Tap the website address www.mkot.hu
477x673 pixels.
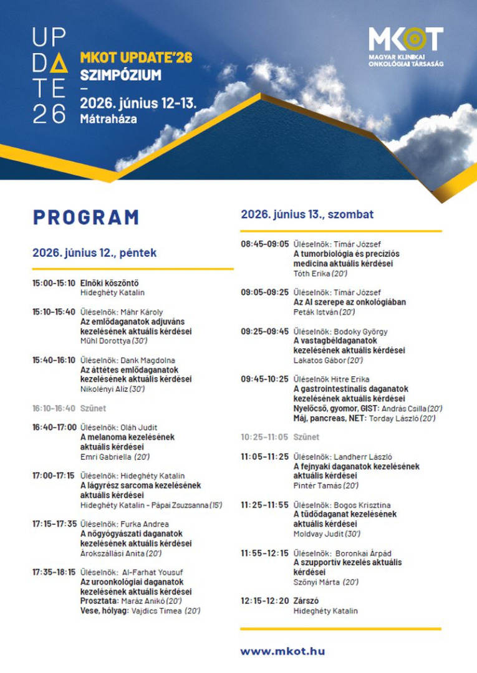point(282,651)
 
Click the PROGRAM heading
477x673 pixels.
point(86,217)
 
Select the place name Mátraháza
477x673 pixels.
point(108,118)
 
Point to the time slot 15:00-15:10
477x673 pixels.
point(54,283)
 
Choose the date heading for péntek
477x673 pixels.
point(94,253)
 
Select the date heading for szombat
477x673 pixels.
point(307,214)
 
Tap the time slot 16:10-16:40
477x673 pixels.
point(54,408)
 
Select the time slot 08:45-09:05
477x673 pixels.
point(265,244)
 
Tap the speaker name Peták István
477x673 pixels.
point(316,312)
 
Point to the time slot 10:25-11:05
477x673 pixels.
point(265,437)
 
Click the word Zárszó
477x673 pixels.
point(306,601)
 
